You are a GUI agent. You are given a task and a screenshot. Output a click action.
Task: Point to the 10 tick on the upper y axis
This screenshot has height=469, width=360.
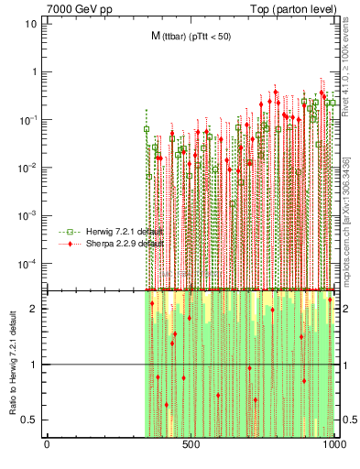[x=31, y=24]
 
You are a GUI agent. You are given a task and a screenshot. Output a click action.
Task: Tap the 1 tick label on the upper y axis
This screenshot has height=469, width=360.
[x=34, y=71]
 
